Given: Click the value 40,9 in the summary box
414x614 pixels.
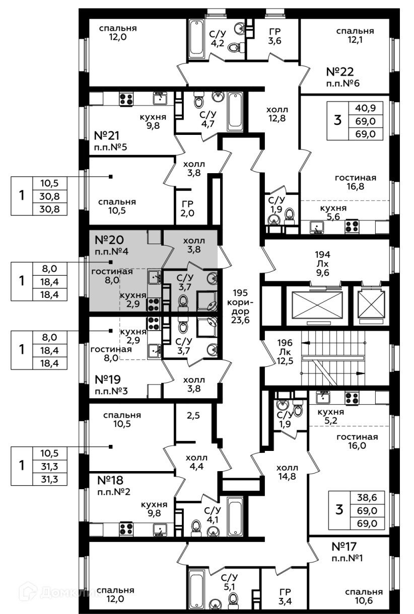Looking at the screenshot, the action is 368,107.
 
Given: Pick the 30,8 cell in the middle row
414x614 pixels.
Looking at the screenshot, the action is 49,196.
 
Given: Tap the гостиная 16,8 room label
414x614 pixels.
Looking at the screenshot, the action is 356,182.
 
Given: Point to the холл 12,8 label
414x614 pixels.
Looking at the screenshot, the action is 277,114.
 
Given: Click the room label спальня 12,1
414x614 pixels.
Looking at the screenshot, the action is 355,36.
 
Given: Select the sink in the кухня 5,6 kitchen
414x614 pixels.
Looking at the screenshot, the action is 316,226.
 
